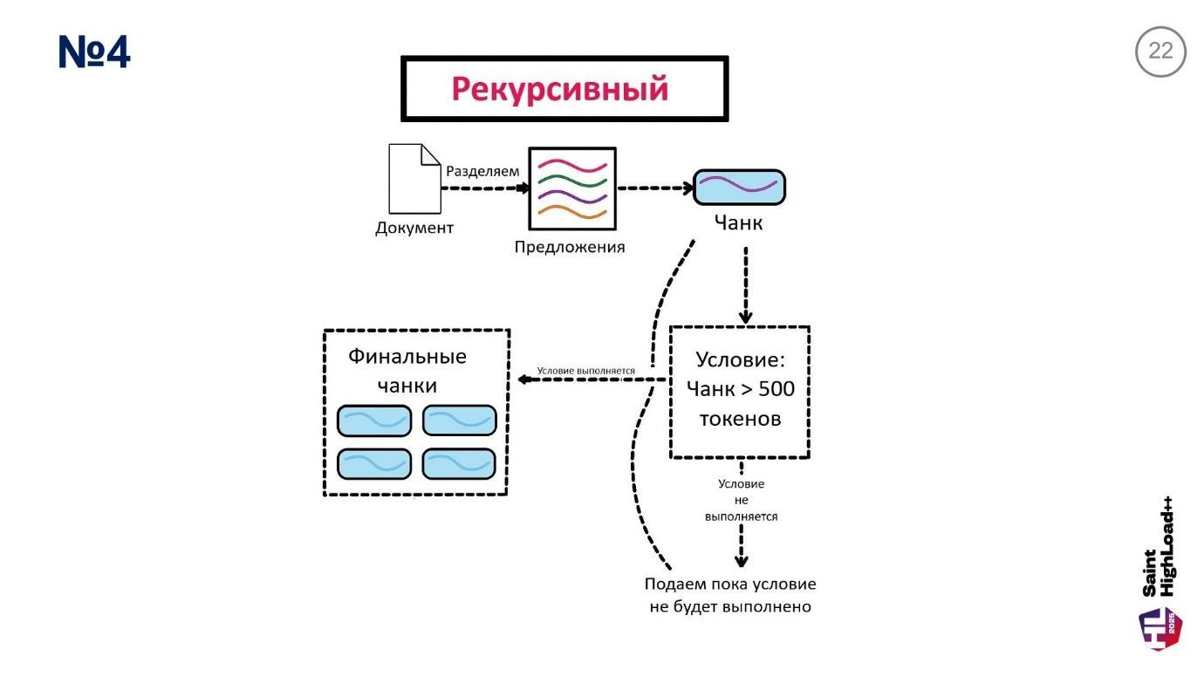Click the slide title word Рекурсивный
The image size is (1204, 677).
tap(559, 89)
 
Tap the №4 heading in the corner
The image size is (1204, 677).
tap(94, 52)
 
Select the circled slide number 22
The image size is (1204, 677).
tap(1160, 51)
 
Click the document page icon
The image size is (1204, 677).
tap(414, 179)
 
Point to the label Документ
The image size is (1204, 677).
tap(414, 229)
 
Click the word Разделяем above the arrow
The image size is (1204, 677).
tap(482, 171)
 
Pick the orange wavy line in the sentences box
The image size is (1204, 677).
tap(572, 211)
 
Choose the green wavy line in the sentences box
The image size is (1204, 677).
tap(572, 181)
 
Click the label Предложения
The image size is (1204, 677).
tap(570, 247)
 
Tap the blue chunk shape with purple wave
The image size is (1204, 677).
tap(739, 187)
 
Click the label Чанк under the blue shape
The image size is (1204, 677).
tap(738, 223)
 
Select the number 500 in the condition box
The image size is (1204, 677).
tap(776, 389)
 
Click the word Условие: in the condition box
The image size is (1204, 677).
tap(740, 359)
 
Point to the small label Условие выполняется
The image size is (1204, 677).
tap(585, 371)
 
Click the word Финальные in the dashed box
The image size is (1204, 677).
tap(407, 357)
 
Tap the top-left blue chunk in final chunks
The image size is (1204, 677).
tap(374, 421)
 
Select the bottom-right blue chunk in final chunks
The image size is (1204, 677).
tap(459, 463)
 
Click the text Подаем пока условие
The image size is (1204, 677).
tap(730, 585)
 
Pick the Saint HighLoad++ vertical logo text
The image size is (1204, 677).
tap(1159, 547)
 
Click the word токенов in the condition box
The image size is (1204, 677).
tap(740, 419)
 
